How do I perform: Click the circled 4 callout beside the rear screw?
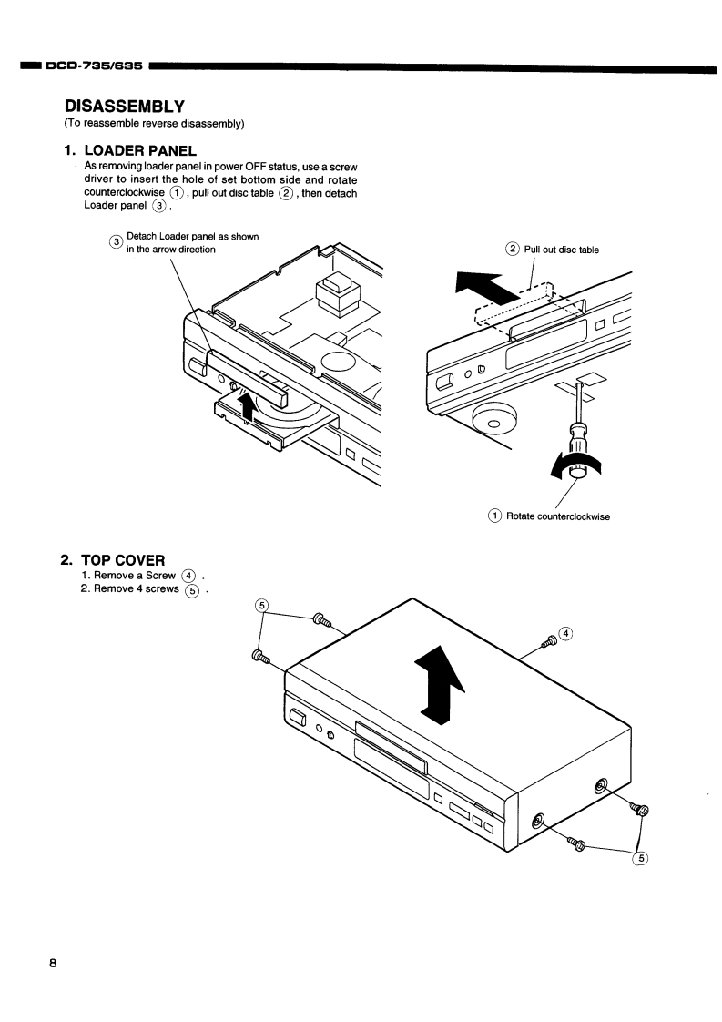[x=566, y=632]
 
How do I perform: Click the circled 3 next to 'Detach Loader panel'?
[x=116, y=242]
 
